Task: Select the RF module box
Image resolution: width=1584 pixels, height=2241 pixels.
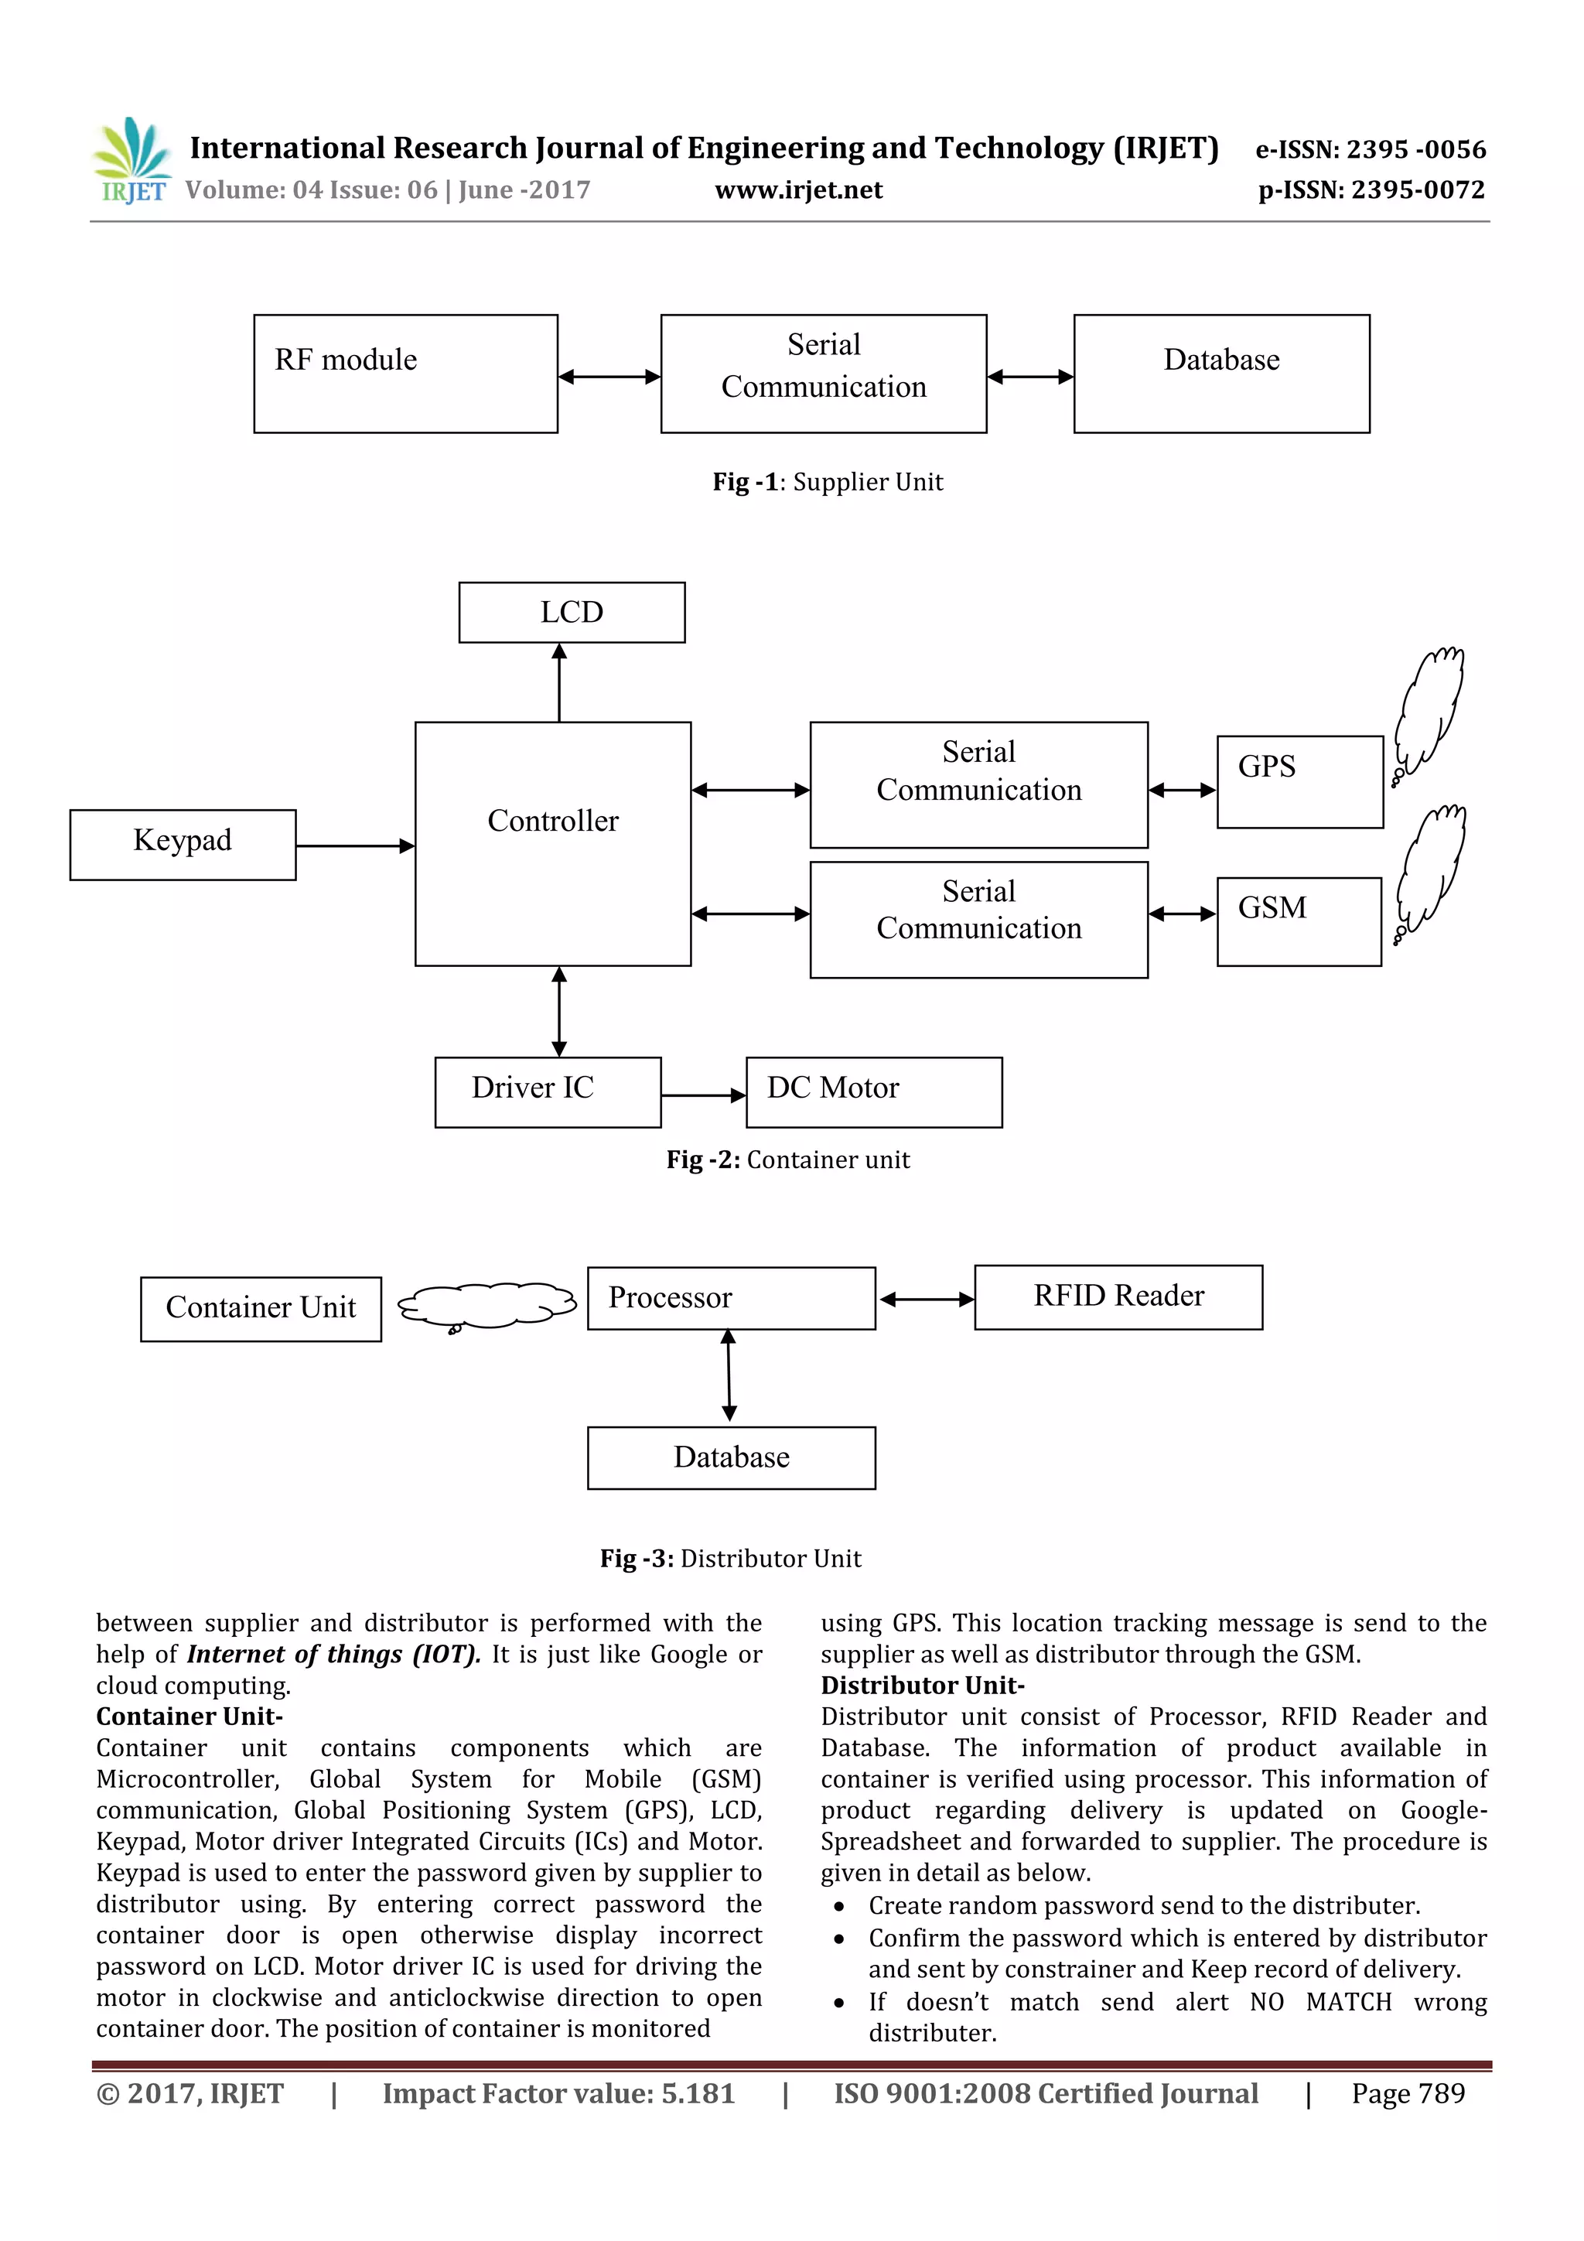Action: click(x=405, y=374)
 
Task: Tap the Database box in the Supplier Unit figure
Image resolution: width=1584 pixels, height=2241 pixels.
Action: click(x=1221, y=374)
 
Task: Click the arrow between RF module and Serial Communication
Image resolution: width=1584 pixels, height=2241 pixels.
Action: click(x=609, y=377)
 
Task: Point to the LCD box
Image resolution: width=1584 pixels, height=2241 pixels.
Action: click(x=572, y=613)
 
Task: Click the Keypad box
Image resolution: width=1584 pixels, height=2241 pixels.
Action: click(x=183, y=844)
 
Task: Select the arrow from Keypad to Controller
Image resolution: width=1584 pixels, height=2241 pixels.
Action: click(x=355, y=846)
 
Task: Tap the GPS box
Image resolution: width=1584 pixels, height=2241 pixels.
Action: click(x=1299, y=782)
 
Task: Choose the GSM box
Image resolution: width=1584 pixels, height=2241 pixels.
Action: click(x=1298, y=921)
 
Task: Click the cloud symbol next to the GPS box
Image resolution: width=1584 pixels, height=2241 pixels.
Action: click(x=1429, y=712)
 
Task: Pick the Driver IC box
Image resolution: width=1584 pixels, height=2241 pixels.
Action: click(x=548, y=1092)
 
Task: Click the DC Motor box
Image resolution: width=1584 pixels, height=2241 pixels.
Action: click(x=873, y=1092)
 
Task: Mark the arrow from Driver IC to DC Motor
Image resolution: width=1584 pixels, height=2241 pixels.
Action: click(x=703, y=1096)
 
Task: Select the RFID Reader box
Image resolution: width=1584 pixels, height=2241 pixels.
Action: click(x=1118, y=1297)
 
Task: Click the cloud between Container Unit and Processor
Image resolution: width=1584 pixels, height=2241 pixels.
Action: click(x=486, y=1306)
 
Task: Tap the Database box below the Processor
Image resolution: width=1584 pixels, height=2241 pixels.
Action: click(x=731, y=1458)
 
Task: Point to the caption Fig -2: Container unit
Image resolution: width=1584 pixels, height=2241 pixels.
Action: click(x=787, y=1160)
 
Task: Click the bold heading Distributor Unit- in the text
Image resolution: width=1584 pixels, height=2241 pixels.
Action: click(x=922, y=1686)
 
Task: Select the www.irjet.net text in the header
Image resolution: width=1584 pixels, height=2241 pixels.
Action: click(x=798, y=190)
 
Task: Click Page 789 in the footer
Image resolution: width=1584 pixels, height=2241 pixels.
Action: click(x=1408, y=2093)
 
